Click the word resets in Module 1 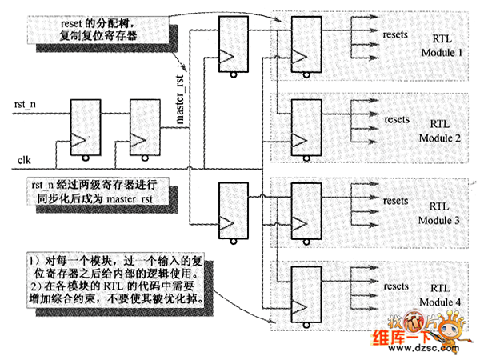398,36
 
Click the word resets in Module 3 398,197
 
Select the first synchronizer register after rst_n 85,126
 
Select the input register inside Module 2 307,126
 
